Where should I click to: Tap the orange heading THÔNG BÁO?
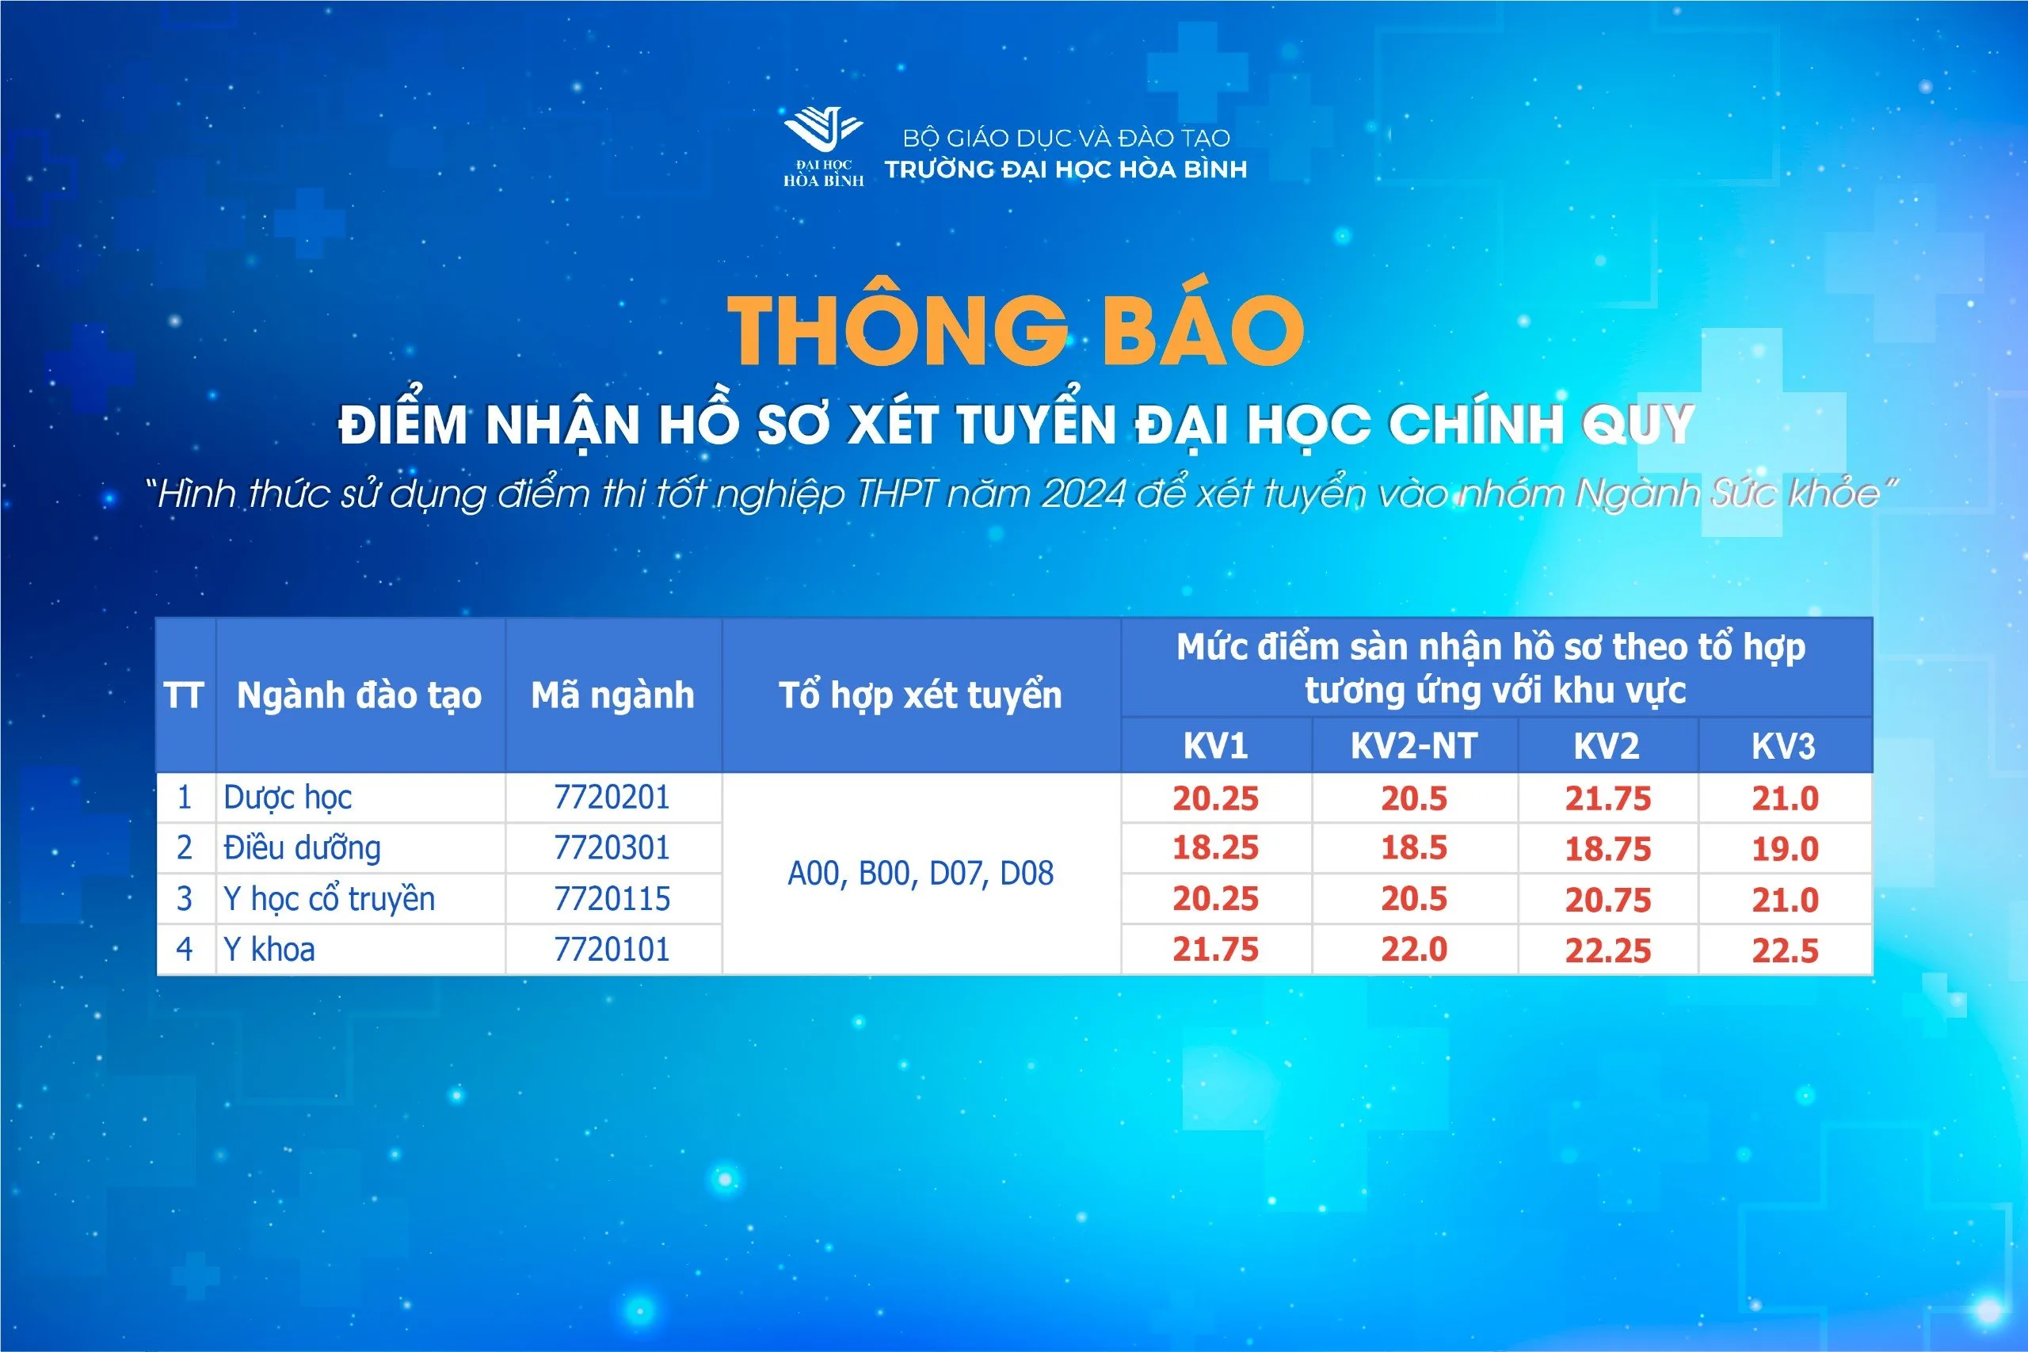(x=1016, y=329)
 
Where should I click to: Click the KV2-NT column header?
(x=1414, y=746)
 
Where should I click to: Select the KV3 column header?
(x=1783, y=746)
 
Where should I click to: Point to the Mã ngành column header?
(x=613, y=695)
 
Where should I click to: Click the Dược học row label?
(x=287, y=798)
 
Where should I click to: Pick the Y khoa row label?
(x=269, y=950)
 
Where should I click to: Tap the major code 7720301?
(x=612, y=847)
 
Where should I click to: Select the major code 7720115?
(x=612, y=898)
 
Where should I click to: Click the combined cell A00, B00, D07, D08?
(x=921, y=874)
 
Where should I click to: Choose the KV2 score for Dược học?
(x=1608, y=798)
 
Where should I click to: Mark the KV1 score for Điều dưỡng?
(x=1216, y=847)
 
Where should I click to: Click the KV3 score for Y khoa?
(x=1785, y=950)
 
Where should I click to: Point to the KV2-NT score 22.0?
(x=1414, y=950)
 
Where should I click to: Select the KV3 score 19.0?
(x=1785, y=849)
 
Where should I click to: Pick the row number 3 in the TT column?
(x=184, y=898)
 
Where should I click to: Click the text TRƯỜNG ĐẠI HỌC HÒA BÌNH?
(x=1065, y=169)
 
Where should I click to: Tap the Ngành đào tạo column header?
(x=359, y=695)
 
